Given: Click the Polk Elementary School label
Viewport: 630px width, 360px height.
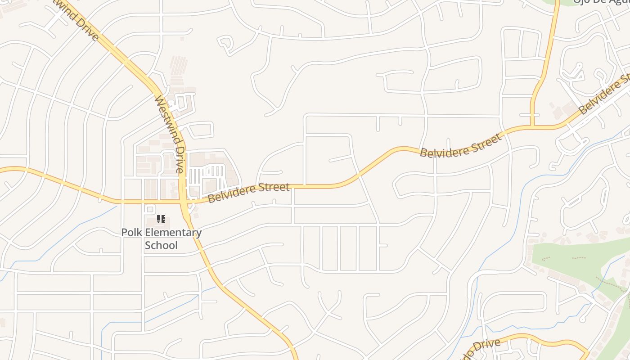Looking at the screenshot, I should click(161, 239).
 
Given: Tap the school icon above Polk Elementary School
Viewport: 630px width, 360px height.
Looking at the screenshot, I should click(161, 220).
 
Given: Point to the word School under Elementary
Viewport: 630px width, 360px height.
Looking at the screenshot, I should click(161, 245).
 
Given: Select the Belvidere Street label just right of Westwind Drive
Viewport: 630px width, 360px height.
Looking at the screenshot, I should click(248, 192).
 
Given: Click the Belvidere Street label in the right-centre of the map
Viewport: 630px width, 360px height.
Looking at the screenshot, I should click(460, 145).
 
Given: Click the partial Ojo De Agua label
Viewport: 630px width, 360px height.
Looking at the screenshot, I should click(601, 2).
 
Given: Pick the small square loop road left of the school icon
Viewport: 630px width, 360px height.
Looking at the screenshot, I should click(150, 209).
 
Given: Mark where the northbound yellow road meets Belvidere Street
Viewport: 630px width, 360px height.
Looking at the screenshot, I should click(532, 127).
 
